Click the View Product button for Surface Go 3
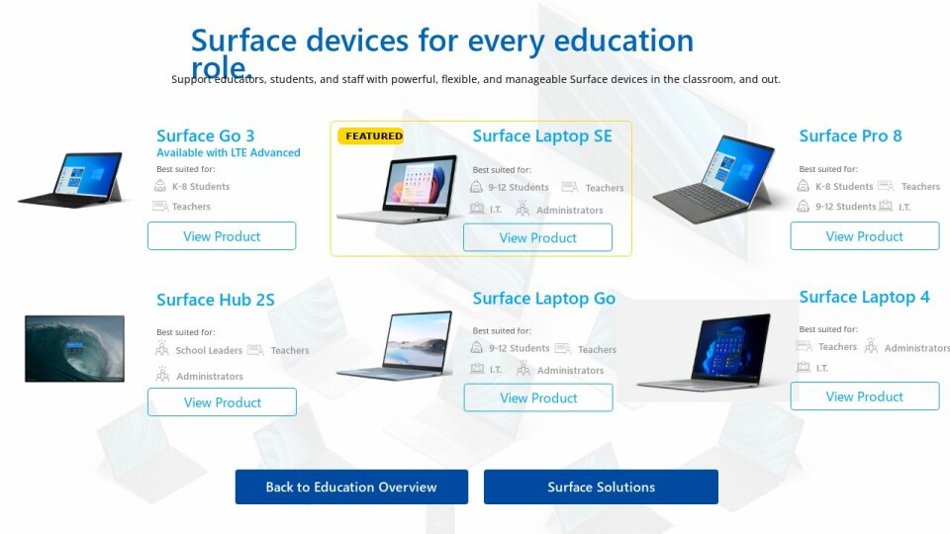pyautogui.click(x=222, y=236)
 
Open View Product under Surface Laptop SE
pyautogui.click(x=537, y=237)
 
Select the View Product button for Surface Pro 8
pyautogui.click(x=865, y=236)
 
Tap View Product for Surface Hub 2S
pyautogui.click(x=223, y=402)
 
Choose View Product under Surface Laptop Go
pyautogui.click(x=538, y=398)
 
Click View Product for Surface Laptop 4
pyautogui.click(x=865, y=397)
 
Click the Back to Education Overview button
pyautogui.click(x=351, y=487)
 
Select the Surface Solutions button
pyautogui.click(x=601, y=487)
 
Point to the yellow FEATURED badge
pyautogui.click(x=371, y=136)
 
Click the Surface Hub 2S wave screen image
pyautogui.click(x=74, y=349)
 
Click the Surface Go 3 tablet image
pyautogui.click(x=71, y=180)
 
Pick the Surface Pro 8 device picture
pyautogui.click(x=713, y=180)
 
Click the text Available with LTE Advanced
pyautogui.click(x=229, y=152)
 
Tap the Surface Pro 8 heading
pyautogui.click(x=851, y=135)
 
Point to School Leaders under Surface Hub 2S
pyautogui.click(x=209, y=350)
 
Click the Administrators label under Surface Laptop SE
pyautogui.click(x=570, y=210)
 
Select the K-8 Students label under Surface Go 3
pyautogui.click(x=201, y=187)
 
